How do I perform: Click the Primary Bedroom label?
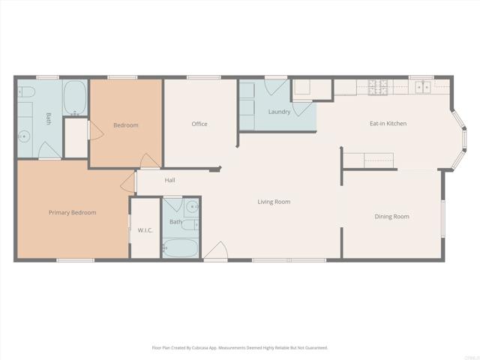pyautogui.click(x=73, y=212)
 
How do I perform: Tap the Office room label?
pyautogui.click(x=199, y=124)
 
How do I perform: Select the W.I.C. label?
pyautogui.click(x=145, y=229)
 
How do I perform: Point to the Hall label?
pyautogui.click(x=170, y=180)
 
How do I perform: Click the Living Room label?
pyautogui.click(x=274, y=202)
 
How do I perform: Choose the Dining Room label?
pyautogui.click(x=391, y=217)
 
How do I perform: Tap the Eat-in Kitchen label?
pyautogui.click(x=388, y=124)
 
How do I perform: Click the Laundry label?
pyautogui.click(x=279, y=112)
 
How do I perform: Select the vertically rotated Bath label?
pyautogui.click(x=49, y=118)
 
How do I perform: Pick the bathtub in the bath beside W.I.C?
pyautogui.click(x=180, y=247)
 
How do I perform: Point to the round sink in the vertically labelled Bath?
pyautogui.click(x=25, y=136)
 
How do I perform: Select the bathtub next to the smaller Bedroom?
pyautogui.click(x=74, y=97)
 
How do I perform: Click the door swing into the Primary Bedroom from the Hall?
pyautogui.click(x=129, y=182)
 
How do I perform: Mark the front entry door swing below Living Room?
pyautogui.click(x=215, y=252)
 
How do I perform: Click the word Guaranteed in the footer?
pyautogui.click(x=315, y=348)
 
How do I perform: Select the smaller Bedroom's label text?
pyautogui.click(x=126, y=125)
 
